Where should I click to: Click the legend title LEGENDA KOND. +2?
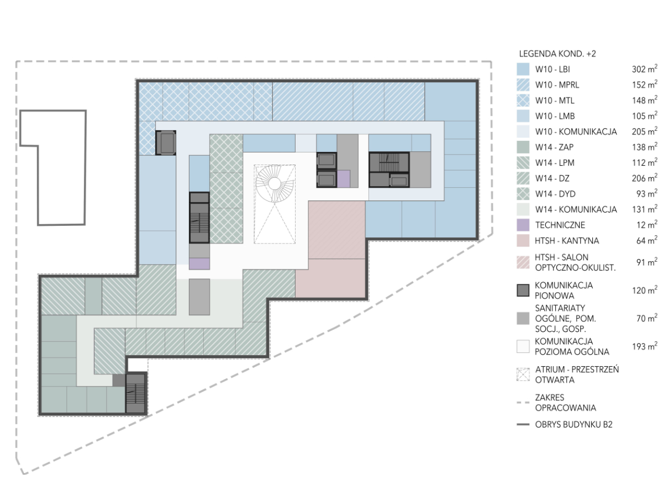click(x=557, y=54)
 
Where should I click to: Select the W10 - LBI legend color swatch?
click(x=523, y=69)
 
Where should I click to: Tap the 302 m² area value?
click(x=644, y=69)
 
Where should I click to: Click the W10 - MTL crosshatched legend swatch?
click(x=523, y=100)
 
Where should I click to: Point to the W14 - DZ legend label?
click(x=552, y=178)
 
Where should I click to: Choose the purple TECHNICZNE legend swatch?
click(x=523, y=225)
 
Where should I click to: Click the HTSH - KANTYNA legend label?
click(x=567, y=241)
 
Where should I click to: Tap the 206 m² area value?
click(x=644, y=178)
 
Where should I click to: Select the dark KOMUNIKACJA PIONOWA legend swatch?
click(x=523, y=290)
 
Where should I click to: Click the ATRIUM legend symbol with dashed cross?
click(x=523, y=374)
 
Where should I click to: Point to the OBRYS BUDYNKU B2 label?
click(x=573, y=425)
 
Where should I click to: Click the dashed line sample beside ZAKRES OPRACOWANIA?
click(x=523, y=403)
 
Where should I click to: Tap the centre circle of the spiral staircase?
click(x=274, y=183)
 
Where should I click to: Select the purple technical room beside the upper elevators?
click(x=344, y=178)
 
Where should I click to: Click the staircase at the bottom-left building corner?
click(x=135, y=393)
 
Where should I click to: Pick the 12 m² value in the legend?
click(x=646, y=225)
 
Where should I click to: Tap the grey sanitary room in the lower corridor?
click(x=199, y=297)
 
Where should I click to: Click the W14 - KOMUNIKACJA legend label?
click(x=576, y=209)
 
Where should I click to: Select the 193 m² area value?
click(x=645, y=346)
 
